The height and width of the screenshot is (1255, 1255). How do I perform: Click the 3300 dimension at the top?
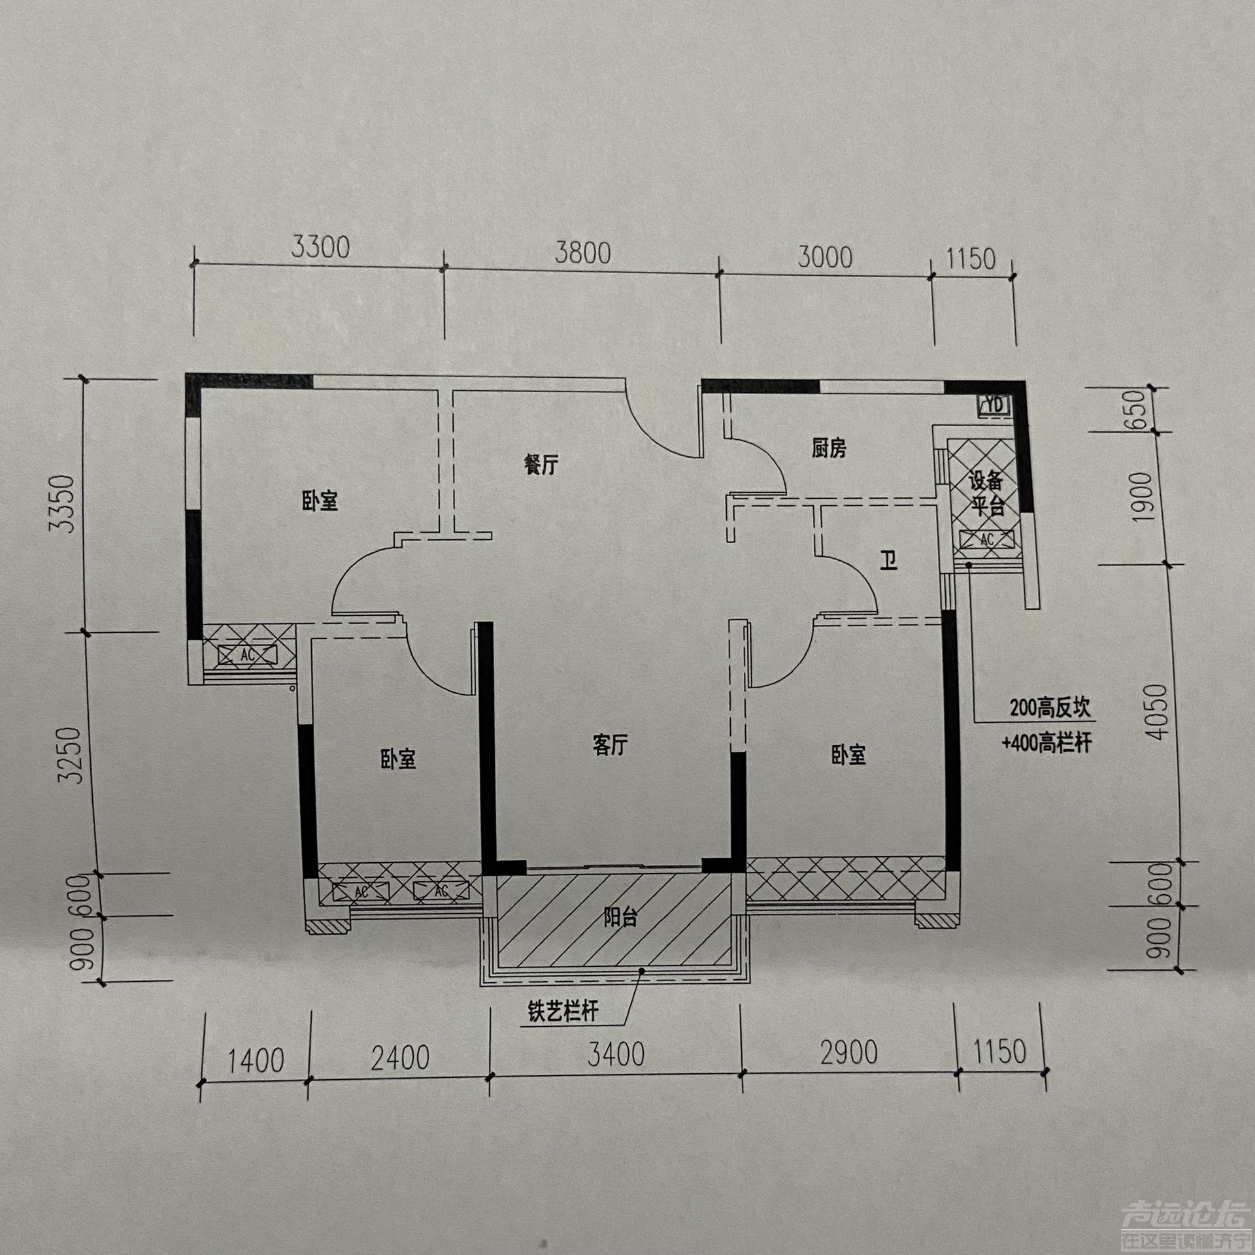point(320,248)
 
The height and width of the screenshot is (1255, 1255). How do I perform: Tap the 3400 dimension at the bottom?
point(615,1054)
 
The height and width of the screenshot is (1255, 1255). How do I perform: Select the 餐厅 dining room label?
point(542,465)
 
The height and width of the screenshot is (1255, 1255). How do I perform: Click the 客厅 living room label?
point(611,745)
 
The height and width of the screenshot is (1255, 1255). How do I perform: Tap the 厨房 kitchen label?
point(829,448)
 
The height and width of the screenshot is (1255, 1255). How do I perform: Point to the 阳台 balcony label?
point(620,918)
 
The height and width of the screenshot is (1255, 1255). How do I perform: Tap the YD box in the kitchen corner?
point(995,405)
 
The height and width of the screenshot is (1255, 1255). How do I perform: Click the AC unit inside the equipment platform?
point(987,540)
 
